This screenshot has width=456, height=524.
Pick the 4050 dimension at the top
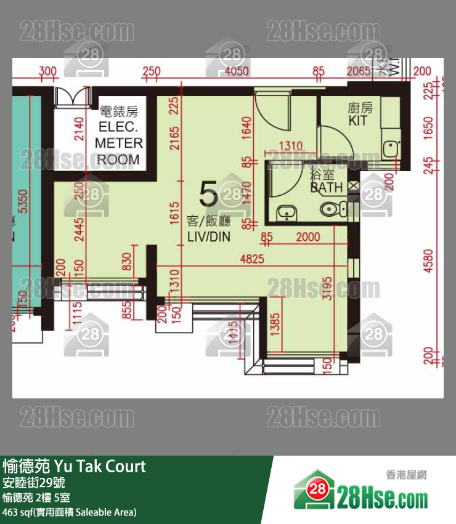[x=237, y=72]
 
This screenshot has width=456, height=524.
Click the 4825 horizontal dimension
[x=251, y=259]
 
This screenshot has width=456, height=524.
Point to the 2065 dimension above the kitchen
[x=358, y=72]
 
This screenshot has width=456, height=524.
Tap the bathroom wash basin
[x=285, y=213]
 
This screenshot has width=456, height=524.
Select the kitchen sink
[x=389, y=148]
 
